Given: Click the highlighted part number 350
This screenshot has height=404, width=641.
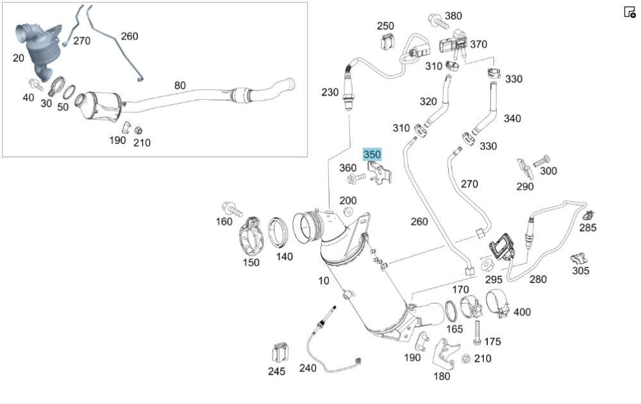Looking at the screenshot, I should (372, 155).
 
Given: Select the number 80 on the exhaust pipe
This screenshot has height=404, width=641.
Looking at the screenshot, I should (180, 85).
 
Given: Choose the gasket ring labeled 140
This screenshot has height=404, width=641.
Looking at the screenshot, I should (279, 232).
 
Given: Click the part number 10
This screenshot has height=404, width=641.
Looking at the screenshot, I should (324, 281).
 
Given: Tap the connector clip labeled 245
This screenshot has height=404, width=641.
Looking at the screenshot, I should (279, 352).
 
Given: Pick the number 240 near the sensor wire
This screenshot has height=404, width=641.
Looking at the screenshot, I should (308, 368).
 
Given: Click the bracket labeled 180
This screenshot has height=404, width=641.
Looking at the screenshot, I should (444, 354).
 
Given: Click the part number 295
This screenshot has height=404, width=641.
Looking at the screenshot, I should (493, 279).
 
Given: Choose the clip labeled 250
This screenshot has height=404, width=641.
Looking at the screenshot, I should (387, 42).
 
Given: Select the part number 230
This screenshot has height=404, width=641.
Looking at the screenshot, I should (330, 92).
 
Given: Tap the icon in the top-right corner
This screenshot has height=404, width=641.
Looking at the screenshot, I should (629, 12).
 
